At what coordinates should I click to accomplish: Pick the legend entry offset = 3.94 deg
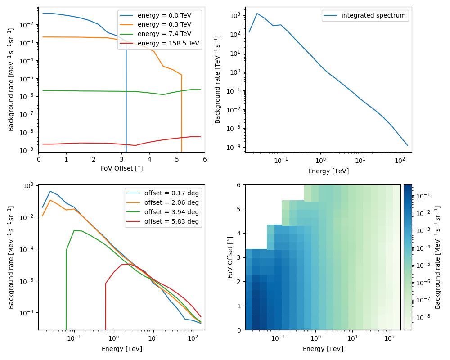tap(171, 212)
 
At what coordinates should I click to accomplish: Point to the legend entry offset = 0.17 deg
tap(171, 193)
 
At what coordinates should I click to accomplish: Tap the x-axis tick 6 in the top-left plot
tap(205, 159)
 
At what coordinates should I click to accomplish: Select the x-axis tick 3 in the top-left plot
tap(121, 159)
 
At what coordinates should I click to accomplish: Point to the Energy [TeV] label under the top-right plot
tap(328, 171)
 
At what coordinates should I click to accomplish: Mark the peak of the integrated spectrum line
tap(257, 13)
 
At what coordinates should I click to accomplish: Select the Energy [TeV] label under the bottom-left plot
tap(121, 349)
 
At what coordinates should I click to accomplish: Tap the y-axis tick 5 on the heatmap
tap(238, 209)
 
